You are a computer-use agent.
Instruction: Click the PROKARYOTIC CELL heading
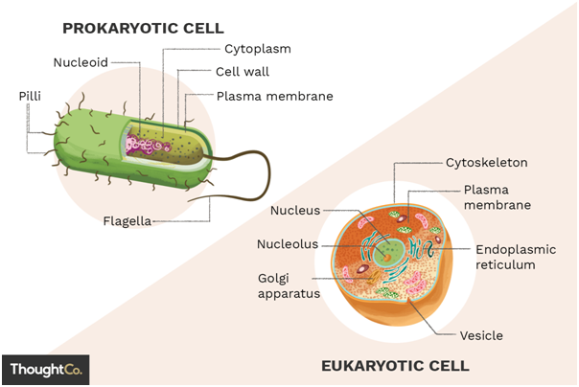(x=143, y=29)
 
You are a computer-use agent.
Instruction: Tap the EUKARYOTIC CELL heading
(x=396, y=366)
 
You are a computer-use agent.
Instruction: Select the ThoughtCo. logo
(x=46, y=370)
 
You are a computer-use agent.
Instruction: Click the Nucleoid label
(x=81, y=62)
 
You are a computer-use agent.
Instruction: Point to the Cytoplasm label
(x=258, y=49)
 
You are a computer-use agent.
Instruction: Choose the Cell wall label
(x=243, y=72)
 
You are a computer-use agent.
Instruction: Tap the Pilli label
(x=30, y=97)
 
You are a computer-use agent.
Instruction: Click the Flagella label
(x=127, y=221)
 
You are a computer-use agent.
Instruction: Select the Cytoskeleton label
(x=487, y=163)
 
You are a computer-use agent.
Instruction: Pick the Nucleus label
(x=295, y=211)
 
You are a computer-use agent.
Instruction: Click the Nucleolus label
(x=288, y=244)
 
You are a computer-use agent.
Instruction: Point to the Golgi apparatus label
(x=289, y=285)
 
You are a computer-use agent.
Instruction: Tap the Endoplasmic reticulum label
(x=516, y=257)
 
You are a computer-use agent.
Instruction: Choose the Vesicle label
(x=481, y=335)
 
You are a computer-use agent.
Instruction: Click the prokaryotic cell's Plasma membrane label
(x=275, y=97)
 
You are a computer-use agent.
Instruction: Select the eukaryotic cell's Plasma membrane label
(x=497, y=197)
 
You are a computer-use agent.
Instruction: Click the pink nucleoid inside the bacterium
(x=147, y=146)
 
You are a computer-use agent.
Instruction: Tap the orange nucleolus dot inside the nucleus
(x=387, y=258)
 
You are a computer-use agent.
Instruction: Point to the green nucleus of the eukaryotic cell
(x=388, y=252)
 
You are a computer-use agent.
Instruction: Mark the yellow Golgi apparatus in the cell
(x=375, y=277)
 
